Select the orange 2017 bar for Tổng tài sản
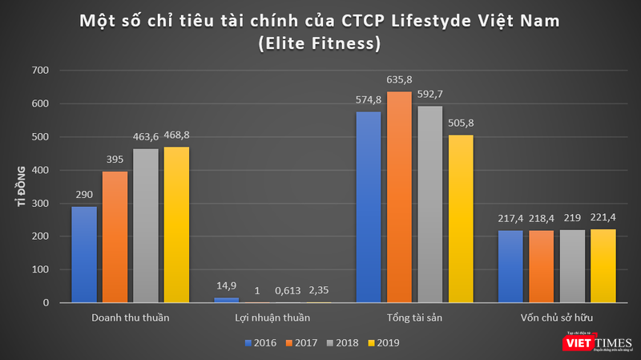coord(398,197)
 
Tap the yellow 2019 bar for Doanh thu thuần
coord(176,224)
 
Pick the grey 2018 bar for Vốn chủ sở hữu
coord(572,267)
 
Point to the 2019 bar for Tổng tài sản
coord(460,219)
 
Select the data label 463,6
coord(146,138)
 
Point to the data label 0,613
coord(288,290)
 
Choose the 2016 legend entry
coord(260,342)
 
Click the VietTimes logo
coord(592,342)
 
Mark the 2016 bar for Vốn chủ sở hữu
coord(510,267)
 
